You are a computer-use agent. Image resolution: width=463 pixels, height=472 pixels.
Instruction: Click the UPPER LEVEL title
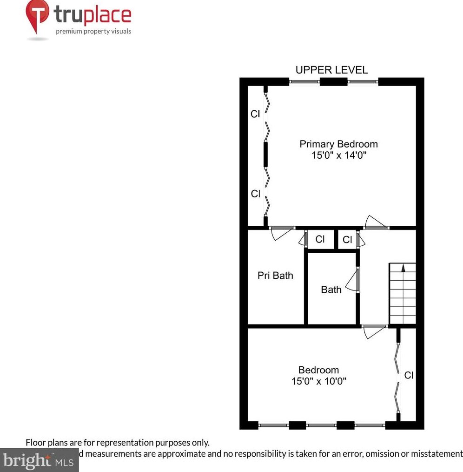tap(331, 70)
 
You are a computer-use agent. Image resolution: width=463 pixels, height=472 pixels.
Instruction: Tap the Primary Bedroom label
tap(338, 144)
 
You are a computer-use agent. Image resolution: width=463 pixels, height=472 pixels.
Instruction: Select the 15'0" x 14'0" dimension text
tap(339, 155)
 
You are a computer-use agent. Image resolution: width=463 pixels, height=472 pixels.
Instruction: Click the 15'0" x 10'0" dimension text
tap(318, 381)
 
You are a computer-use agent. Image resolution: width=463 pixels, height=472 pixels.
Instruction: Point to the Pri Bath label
tap(275, 276)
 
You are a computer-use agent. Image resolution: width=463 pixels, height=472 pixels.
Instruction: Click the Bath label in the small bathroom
tap(331, 290)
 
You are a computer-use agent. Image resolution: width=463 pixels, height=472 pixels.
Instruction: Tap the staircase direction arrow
tap(403, 268)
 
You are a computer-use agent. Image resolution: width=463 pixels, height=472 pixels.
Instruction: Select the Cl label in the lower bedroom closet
tap(409, 375)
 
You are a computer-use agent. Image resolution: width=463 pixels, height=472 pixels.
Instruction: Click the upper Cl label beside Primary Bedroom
tap(255, 114)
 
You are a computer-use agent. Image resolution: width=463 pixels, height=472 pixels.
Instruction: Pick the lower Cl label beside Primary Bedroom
tap(255, 194)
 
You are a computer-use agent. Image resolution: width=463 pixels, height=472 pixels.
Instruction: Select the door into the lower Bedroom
tap(374, 331)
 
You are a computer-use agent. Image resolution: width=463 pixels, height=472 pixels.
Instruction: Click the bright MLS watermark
tap(40, 460)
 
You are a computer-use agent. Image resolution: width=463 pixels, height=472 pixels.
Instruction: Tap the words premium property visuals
tap(93, 31)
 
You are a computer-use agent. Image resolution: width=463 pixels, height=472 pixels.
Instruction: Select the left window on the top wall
tap(304, 82)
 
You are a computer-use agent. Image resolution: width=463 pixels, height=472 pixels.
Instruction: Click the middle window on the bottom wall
tap(321, 425)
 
